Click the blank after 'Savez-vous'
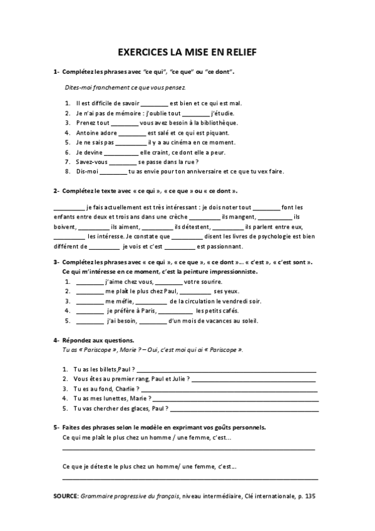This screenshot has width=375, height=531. [113, 162]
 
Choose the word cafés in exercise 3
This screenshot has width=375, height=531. [226, 311]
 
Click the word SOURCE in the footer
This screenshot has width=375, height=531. [65, 495]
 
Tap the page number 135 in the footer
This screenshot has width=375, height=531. [313, 495]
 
